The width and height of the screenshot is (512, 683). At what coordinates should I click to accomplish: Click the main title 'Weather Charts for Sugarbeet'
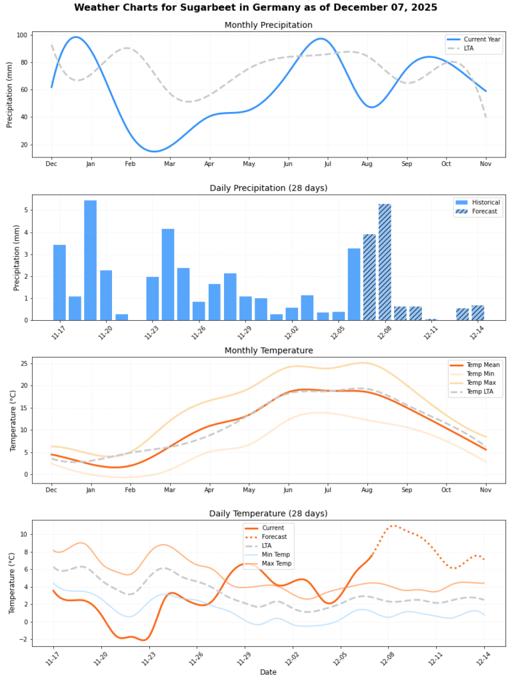[256, 8]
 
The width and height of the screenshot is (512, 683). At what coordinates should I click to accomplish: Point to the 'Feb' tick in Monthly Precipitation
[130, 164]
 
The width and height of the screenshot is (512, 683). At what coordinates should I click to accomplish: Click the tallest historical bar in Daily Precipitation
[90, 260]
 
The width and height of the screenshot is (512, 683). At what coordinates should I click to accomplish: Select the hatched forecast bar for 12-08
[385, 262]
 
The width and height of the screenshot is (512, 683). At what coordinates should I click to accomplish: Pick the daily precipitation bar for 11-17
[59, 282]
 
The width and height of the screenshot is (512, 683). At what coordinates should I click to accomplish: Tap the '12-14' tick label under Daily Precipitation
[478, 331]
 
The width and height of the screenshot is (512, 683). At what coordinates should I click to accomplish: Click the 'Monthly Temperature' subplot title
[269, 350]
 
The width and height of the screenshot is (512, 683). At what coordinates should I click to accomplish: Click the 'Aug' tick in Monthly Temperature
[367, 490]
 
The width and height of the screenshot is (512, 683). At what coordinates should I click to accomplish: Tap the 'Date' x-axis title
[268, 672]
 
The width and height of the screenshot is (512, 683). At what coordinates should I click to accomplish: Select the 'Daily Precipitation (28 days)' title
[269, 187]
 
